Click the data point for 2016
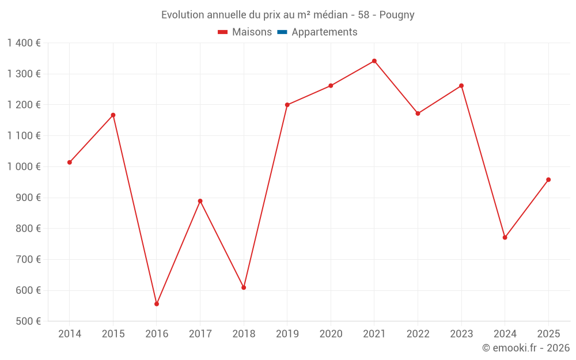click(x=157, y=304)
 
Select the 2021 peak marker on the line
click(x=374, y=61)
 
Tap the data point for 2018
click(x=244, y=287)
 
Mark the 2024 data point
click(x=505, y=237)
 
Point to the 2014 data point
click(x=70, y=162)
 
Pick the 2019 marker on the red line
click(x=287, y=105)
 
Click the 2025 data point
click(x=548, y=180)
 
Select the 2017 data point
click(x=200, y=201)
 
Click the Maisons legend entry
click(x=245, y=32)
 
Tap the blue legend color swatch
click(x=282, y=32)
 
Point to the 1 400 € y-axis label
click(x=24, y=43)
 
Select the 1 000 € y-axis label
click(x=24, y=167)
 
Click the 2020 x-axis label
click(x=331, y=334)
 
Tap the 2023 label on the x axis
click(x=461, y=334)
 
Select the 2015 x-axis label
click(x=113, y=334)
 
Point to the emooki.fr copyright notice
click(x=525, y=348)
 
